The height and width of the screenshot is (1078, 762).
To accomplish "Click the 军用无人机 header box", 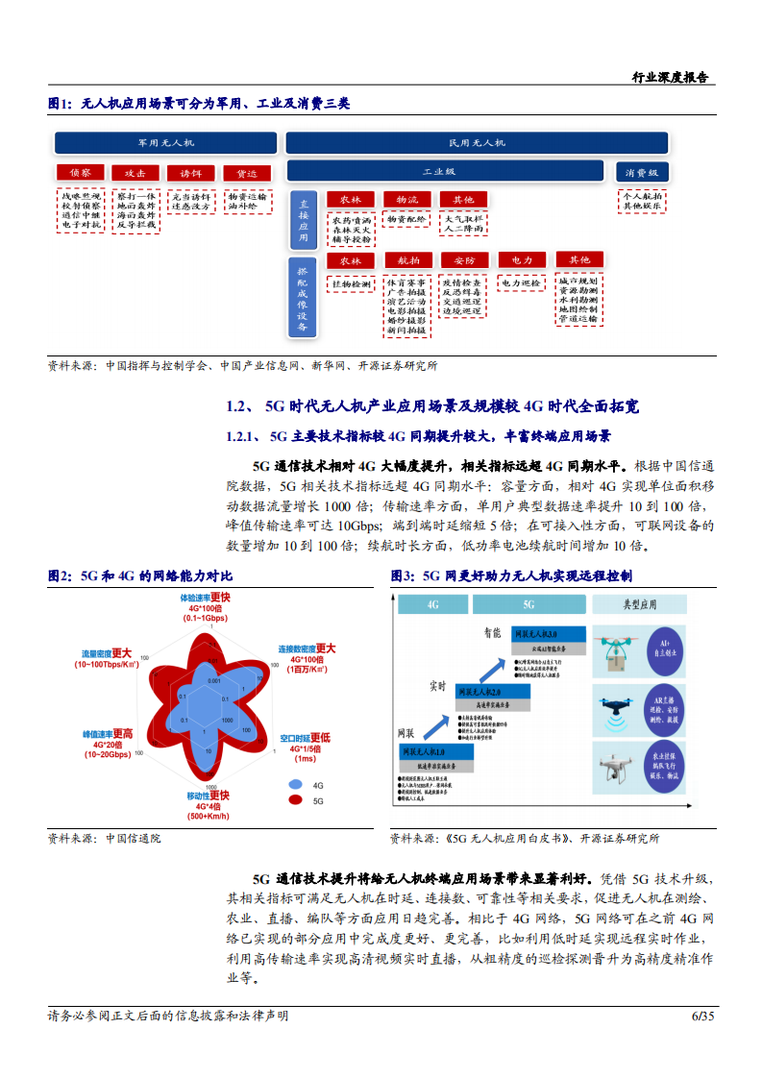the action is (x=165, y=142).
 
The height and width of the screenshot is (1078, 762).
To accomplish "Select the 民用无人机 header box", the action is (x=477, y=142).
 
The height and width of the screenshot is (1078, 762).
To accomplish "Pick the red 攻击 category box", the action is (x=135, y=173).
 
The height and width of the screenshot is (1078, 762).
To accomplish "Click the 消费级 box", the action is (x=642, y=172).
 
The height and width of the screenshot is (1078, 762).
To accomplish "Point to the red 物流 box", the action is (x=406, y=200).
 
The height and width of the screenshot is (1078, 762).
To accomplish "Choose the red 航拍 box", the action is (x=407, y=260).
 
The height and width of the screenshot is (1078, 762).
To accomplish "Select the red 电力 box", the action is (x=522, y=260).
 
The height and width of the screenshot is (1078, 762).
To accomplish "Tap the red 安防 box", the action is (x=464, y=260).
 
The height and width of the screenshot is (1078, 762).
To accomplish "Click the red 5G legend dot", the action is (x=294, y=799).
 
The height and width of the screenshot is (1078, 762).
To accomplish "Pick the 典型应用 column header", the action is (x=639, y=604).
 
